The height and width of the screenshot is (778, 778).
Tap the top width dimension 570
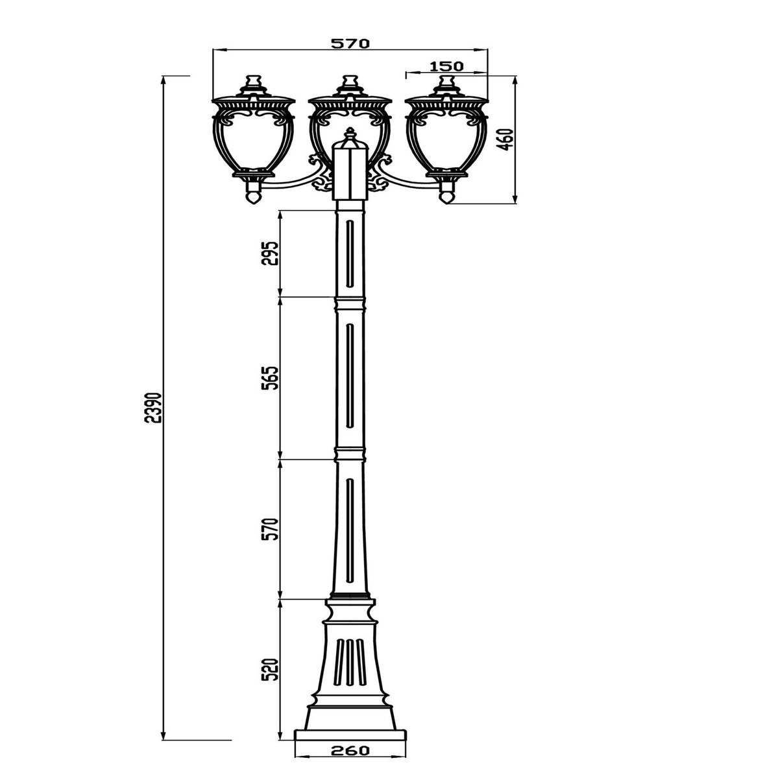click(350, 43)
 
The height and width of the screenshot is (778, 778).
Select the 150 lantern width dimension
click(446, 65)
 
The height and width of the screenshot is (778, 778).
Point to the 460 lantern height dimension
click(507, 139)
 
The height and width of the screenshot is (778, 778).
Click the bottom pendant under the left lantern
click(254, 194)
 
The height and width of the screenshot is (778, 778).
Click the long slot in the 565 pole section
click(350, 376)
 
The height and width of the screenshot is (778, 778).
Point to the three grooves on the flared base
click(350, 661)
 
